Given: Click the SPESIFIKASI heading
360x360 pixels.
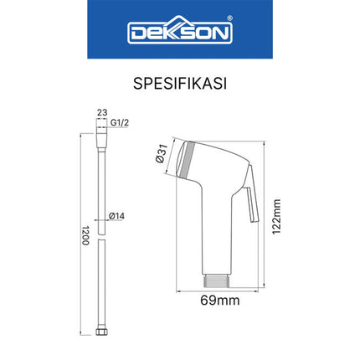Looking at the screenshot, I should [179, 85].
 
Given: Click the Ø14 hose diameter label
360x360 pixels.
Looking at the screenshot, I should [117, 215].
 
